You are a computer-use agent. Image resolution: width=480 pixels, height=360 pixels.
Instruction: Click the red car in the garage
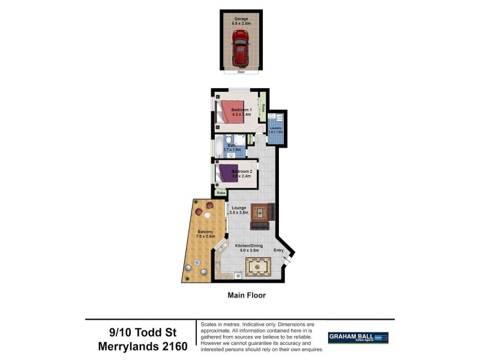point(241,47)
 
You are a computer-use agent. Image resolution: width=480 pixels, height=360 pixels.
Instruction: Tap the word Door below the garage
point(241,72)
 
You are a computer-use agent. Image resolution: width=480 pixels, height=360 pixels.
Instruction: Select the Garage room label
point(241,19)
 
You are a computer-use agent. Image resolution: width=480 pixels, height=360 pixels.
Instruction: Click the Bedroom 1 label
point(241,110)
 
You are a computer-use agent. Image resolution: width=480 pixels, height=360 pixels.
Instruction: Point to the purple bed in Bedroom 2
point(227,173)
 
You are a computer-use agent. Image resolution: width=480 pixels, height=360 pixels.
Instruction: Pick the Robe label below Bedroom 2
point(221,193)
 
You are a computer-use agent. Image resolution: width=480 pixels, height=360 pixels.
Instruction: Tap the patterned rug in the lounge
point(260,212)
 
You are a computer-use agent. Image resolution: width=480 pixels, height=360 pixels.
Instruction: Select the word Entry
point(279,250)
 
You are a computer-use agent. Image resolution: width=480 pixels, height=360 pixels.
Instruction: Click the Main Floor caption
point(246,295)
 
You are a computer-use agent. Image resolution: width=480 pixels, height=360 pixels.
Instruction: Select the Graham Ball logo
point(358,338)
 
